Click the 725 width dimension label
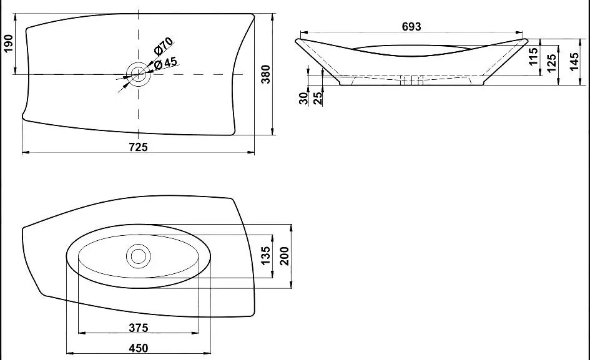tap(138, 147)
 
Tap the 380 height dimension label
tap(265, 74)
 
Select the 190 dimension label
tap(9, 44)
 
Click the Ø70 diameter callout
tap(164, 47)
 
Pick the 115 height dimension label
tap(533, 57)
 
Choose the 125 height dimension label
tap(551, 62)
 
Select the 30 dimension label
tap(304, 98)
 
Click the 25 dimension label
tap(318, 98)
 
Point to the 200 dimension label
tap(285, 255)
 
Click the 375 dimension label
tap(138, 328)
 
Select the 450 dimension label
tap(138, 348)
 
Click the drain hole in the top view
tap(138, 74)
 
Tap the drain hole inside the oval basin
tap(138, 255)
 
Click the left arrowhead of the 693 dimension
tap(301, 32)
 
